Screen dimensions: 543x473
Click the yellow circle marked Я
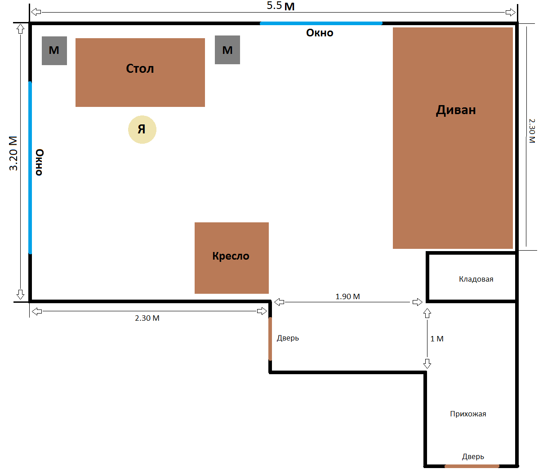click(142, 130)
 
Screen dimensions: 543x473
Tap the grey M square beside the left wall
click(54, 51)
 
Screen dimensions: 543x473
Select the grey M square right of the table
click(227, 50)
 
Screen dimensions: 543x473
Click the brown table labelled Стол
click(140, 72)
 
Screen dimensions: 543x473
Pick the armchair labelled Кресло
click(231, 258)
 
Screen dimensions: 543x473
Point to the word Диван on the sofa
click(456, 110)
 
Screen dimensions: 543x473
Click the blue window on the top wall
click(321, 23)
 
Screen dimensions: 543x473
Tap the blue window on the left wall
click(30, 168)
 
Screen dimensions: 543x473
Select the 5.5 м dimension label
click(280, 6)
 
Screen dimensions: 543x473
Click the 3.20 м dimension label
click(13, 153)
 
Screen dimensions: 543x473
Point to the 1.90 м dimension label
click(347, 296)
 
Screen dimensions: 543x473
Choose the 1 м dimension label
click(436, 339)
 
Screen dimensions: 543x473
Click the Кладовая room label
click(476, 279)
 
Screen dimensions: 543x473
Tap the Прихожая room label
click(468, 414)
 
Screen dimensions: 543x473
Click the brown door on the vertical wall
click(270, 339)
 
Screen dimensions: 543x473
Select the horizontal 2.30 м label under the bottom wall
click(147, 318)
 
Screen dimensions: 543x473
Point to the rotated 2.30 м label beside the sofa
click(532, 131)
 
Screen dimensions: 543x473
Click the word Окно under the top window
click(320, 33)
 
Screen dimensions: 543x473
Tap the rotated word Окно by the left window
click(40, 162)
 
